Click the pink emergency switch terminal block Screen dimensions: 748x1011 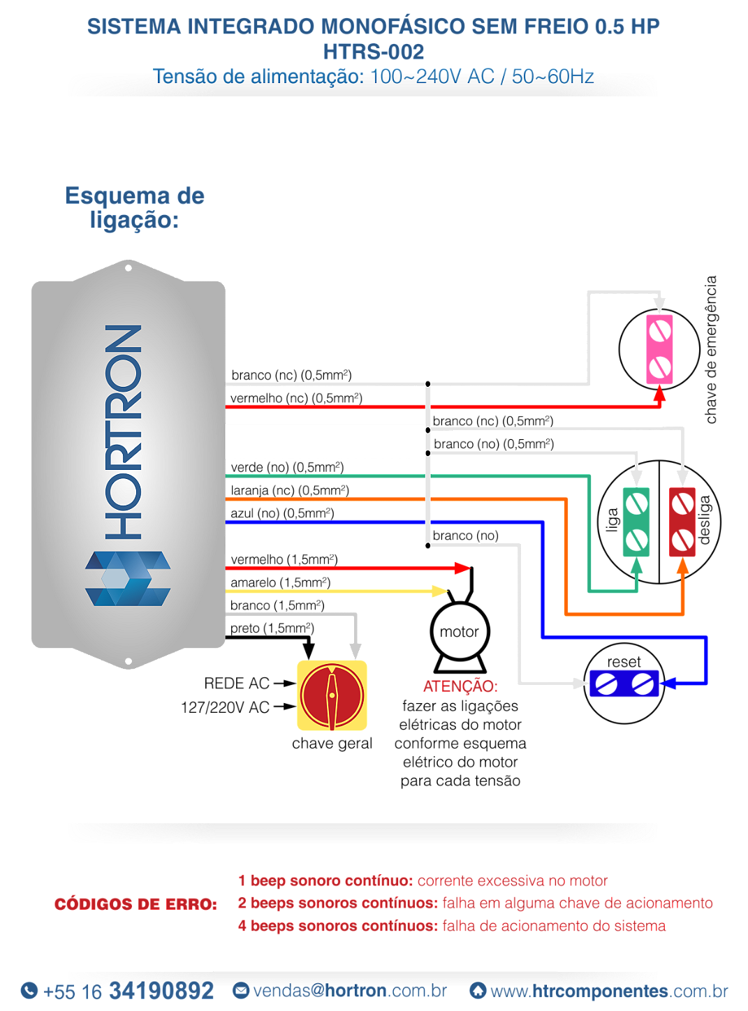(659, 349)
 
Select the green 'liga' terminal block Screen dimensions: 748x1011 (636, 522)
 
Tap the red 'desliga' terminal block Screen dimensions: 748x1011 (682, 522)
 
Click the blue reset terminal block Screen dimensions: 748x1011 (624, 684)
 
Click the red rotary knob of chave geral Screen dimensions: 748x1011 (332, 695)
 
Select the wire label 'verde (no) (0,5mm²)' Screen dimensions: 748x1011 (287, 467)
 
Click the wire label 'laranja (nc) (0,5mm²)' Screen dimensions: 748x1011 (290, 490)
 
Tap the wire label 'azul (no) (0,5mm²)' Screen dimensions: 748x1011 (282, 513)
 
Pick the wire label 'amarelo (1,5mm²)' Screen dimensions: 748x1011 (281, 582)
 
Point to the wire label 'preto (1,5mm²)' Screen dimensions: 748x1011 (272, 628)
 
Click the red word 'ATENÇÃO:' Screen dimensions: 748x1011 (460, 686)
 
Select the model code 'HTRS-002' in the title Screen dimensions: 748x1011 (374, 52)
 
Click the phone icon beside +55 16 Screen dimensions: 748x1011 (29, 990)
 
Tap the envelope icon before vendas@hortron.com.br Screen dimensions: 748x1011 (241, 990)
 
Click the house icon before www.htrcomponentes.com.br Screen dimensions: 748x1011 (478, 990)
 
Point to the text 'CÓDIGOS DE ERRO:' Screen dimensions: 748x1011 (136, 904)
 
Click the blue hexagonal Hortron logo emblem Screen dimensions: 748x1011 (128, 578)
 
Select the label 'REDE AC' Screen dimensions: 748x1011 (237, 684)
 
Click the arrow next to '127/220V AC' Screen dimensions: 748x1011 (285, 707)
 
